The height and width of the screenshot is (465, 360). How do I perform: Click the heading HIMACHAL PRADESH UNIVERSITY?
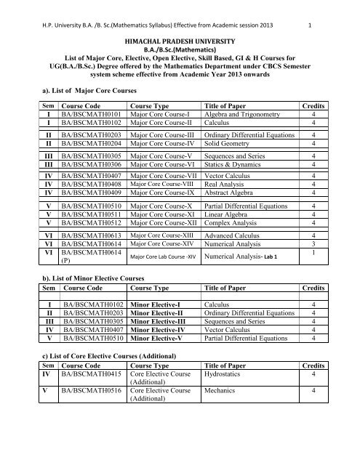[180, 45]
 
